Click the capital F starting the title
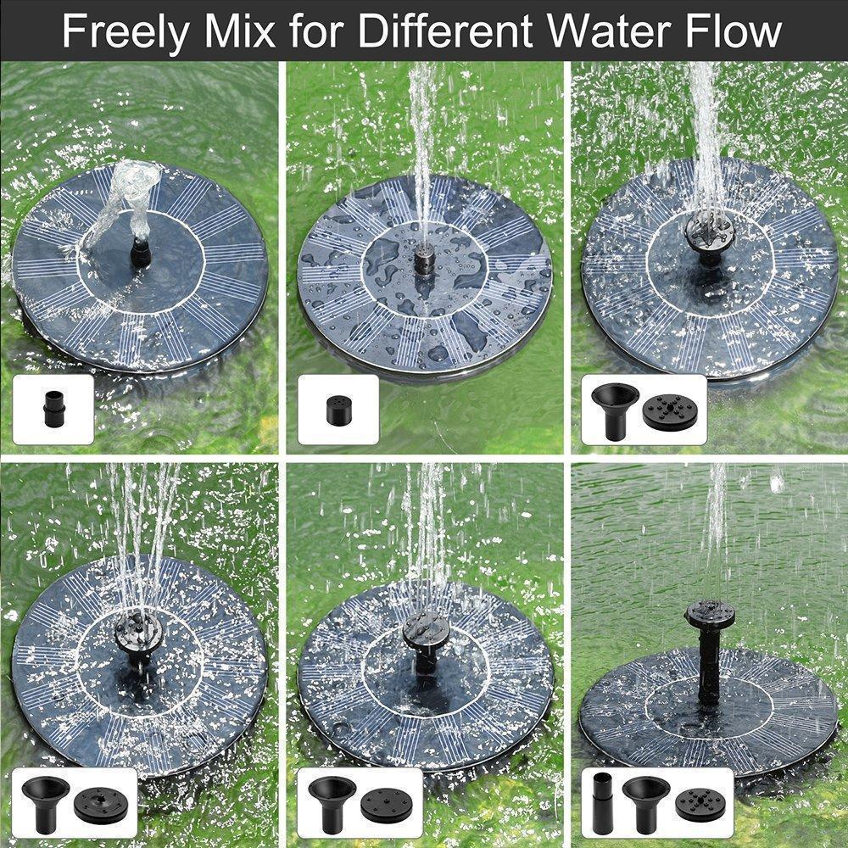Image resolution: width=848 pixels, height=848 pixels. coord(75,31)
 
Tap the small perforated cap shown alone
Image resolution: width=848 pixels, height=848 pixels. coord(337,410)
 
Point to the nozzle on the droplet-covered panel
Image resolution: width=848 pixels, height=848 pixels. coord(421,259)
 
